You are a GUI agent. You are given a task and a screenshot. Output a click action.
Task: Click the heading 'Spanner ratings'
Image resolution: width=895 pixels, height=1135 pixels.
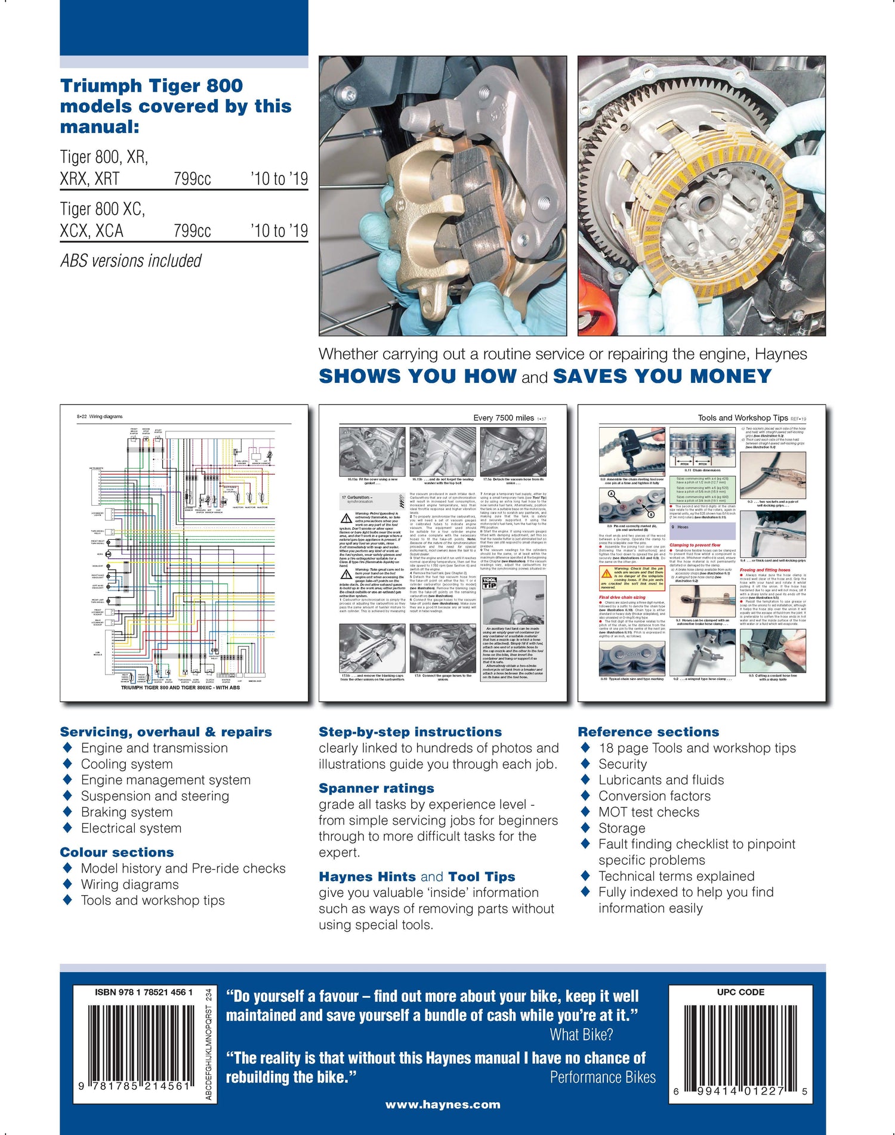coord(376,788)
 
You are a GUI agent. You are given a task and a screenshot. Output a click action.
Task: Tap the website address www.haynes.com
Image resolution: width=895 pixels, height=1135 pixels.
coord(443,1105)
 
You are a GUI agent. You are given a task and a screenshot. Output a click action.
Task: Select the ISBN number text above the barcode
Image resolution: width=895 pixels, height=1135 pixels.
coord(143,992)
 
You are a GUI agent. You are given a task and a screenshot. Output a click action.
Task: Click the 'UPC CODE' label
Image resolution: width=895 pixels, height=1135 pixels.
coord(740,992)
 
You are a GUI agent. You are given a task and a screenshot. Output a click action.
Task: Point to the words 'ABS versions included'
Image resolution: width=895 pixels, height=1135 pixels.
coord(131,261)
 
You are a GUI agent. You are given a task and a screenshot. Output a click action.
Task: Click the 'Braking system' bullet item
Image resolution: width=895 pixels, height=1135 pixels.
coord(126,812)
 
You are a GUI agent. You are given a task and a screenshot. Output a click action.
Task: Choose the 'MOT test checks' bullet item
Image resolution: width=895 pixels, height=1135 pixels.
coord(649,812)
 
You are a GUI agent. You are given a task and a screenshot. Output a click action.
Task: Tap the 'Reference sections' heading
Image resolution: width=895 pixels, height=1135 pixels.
coord(648,732)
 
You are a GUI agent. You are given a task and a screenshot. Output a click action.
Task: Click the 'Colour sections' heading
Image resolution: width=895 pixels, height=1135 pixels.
coord(117,852)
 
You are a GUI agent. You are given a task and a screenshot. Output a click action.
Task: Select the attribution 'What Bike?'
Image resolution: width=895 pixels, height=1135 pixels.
coord(581,1035)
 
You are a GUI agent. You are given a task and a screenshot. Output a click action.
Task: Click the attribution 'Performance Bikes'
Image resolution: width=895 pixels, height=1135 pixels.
coord(602,1077)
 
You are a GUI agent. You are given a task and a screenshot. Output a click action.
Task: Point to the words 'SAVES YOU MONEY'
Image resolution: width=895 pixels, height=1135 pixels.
coord(662,376)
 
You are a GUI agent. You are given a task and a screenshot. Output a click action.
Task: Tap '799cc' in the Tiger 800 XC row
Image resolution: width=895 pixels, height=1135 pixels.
coord(192,231)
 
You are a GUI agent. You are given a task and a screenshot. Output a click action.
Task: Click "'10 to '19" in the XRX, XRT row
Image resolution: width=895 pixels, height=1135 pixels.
coord(279,179)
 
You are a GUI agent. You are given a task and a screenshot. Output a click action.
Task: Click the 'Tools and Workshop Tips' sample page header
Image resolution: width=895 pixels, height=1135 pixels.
coord(743,418)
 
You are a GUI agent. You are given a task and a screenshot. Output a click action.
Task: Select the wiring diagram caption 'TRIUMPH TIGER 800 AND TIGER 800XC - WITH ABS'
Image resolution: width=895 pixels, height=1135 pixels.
coord(180,688)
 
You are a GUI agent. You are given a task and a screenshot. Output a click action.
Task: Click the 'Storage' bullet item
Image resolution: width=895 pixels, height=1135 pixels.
coord(622,828)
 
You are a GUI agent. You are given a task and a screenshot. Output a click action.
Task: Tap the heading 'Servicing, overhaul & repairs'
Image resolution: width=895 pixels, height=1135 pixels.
coord(166,732)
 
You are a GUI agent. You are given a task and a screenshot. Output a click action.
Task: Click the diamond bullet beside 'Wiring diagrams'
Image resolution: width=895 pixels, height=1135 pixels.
coord(67,884)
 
